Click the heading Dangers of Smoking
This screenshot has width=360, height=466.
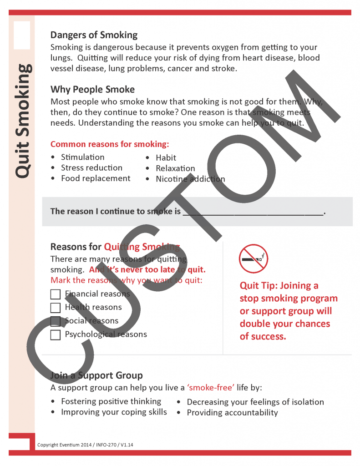click(94, 35)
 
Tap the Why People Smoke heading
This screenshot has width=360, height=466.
click(92, 89)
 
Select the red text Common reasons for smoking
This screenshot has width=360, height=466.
click(110, 144)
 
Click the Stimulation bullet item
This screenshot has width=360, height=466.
click(82, 157)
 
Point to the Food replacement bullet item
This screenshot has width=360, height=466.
click(96, 178)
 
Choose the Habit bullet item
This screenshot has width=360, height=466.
click(166, 157)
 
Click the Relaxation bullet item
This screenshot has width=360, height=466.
click(175, 168)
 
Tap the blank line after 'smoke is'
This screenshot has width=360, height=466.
click(253, 212)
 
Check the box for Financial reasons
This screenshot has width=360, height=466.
click(56, 294)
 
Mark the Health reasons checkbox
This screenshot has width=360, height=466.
click(56, 308)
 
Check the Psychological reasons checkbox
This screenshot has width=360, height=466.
click(56, 335)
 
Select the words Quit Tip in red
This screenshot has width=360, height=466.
click(258, 286)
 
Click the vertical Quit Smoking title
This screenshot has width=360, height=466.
click(23, 121)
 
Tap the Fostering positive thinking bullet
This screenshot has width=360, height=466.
click(111, 401)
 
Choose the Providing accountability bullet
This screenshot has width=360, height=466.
click(232, 413)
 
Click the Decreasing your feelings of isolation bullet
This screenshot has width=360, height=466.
click(255, 402)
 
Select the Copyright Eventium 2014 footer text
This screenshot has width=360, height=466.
click(82, 445)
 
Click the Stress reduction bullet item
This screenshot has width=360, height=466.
click(91, 168)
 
